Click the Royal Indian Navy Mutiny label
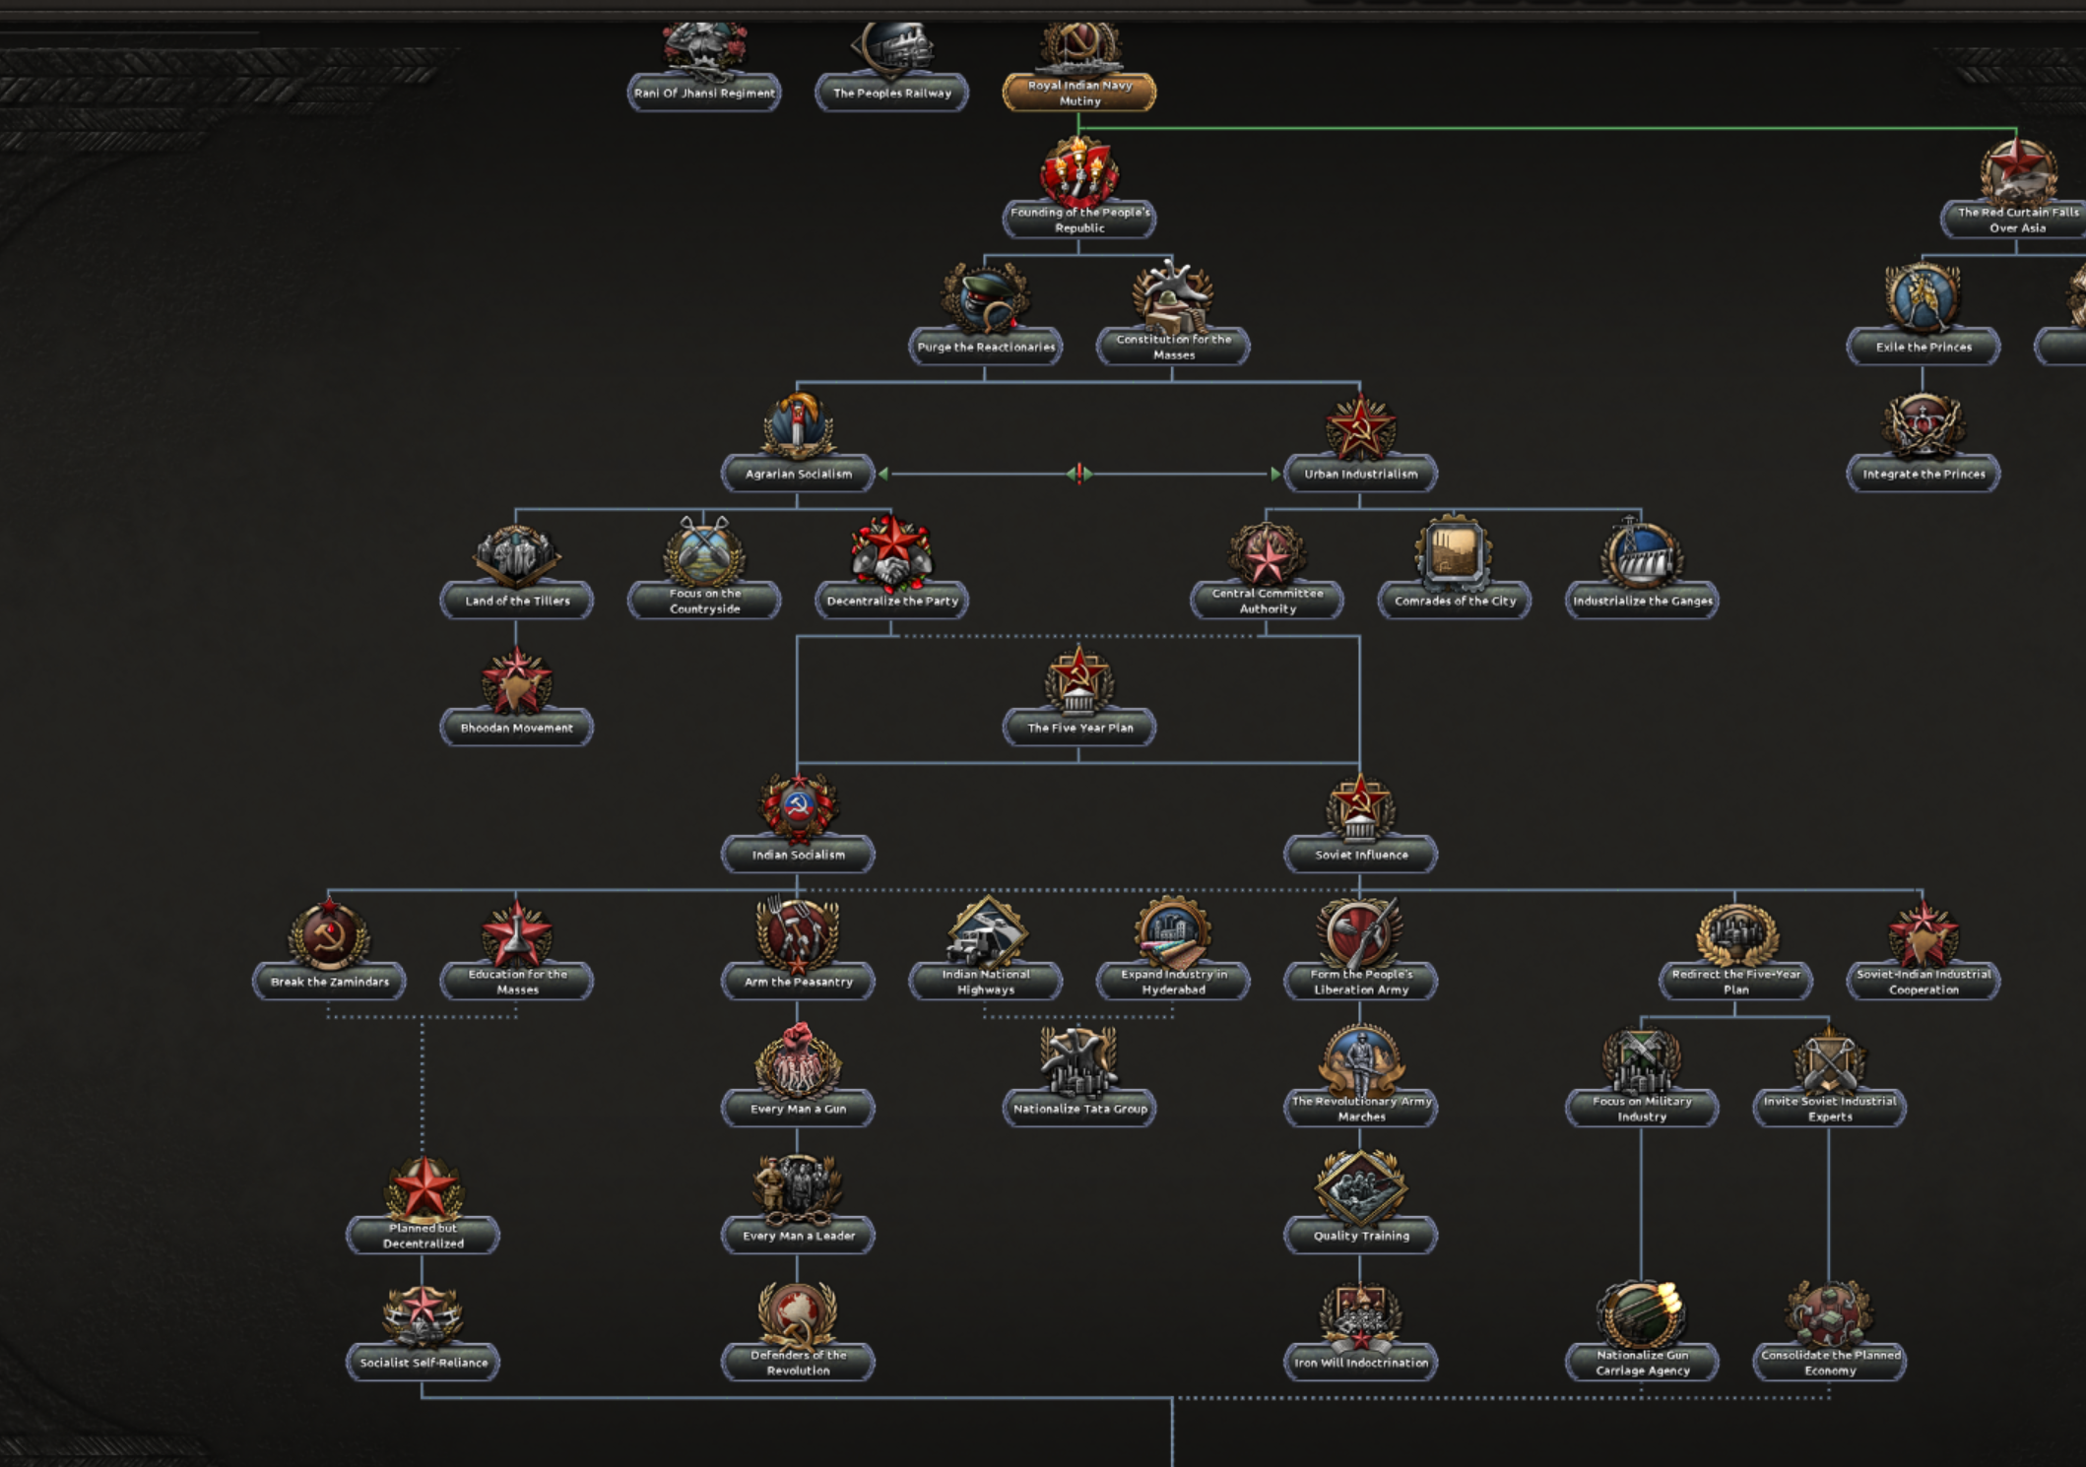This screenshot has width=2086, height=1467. click(x=1079, y=94)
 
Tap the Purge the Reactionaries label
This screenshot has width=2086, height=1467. click(x=986, y=347)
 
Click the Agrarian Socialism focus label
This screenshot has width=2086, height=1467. click(x=798, y=474)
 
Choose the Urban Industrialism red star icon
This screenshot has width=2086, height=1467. click(x=1360, y=426)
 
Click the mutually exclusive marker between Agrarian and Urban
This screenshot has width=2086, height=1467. click(x=1079, y=474)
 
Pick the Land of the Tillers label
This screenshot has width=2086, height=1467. click(x=517, y=601)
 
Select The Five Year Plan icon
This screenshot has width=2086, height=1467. click(x=1079, y=680)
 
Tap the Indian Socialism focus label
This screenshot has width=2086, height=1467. click(x=798, y=855)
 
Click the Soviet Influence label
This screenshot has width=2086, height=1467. click(x=1361, y=855)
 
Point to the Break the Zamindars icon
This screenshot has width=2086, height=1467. click(x=329, y=933)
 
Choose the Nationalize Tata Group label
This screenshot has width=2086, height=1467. click(x=1079, y=1109)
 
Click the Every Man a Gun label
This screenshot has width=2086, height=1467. click(x=798, y=1109)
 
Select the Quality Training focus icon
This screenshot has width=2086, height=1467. click(x=1361, y=1187)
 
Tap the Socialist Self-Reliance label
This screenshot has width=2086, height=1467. click(x=424, y=1363)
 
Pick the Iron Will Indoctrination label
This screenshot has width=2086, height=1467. click(x=1361, y=1363)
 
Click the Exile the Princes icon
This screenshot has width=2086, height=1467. click(x=1923, y=298)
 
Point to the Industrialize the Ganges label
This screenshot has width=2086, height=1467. click(x=1642, y=601)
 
